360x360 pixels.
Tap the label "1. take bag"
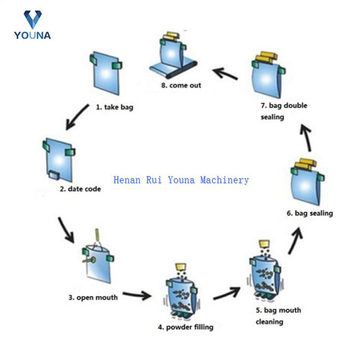tap(114, 107)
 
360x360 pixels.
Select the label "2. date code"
tap(80, 189)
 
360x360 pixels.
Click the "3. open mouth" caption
tap(93, 297)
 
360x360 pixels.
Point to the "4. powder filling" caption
tap(185, 326)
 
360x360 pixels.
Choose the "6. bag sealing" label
tap(310, 213)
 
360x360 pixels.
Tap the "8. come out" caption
tap(181, 85)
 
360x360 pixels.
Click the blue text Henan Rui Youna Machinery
tap(181, 180)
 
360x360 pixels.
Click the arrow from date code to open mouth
tap(66, 228)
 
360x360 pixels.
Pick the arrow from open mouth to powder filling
tap(137, 295)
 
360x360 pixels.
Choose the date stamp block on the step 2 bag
tap(53, 174)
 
